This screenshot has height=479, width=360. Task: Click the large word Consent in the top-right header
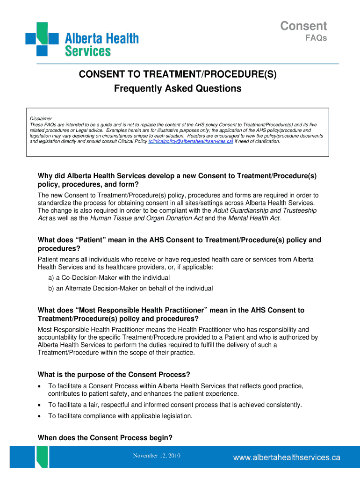pos(303,26)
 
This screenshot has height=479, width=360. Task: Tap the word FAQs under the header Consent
pos(316,38)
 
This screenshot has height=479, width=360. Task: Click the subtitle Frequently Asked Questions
pos(178,88)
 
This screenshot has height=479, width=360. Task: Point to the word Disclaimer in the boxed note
pos(41,118)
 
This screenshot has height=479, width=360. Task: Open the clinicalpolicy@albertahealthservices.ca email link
pos(190,141)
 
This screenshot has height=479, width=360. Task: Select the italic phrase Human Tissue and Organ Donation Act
pos(146,218)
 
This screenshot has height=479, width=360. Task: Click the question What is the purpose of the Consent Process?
pos(114,375)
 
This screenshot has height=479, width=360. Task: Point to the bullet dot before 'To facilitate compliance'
pos(41,416)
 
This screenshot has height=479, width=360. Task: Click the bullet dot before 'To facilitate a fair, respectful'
pos(41,405)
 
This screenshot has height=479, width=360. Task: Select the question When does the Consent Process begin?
pos(105,438)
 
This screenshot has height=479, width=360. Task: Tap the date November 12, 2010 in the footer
pos(157,456)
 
